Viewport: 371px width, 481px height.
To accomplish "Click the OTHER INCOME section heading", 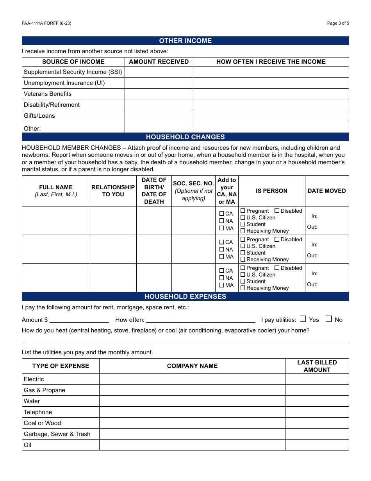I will pyautogui.click(x=185, y=41).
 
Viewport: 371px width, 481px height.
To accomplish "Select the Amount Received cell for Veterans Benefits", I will pyautogui.click(x=159, y=94).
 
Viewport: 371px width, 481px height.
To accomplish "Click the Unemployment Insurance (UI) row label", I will pyautogui.click(x=64, y=83).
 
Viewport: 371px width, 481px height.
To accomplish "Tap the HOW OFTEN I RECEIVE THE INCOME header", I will pyautogui.click(x=271, y=62).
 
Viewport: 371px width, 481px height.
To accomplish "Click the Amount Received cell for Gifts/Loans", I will pyautogui.click(x=159, y=116).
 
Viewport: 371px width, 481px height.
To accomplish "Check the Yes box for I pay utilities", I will pyautogui.click(x=303, y=319).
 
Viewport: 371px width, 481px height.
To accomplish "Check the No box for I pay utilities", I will pyautogui.click(x=329, y=319).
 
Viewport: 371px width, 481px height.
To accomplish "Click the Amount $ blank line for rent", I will pyautogui.click(x=79, y=319).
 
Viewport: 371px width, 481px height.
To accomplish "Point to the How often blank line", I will pyautogui.click(x=200, y=319).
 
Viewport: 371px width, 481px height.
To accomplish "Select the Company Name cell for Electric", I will pyautogui.click(x=192, y=379).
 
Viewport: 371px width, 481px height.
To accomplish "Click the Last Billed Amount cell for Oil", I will pyautogui.click(x=317, y=445).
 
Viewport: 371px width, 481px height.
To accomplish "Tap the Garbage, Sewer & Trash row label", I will pyautogui.click(x=57, y=434).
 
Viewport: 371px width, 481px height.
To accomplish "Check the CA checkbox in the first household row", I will pyautogui.click(x=222, y=214).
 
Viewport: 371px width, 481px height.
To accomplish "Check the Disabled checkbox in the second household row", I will pyautogui.click(x=277, y=239).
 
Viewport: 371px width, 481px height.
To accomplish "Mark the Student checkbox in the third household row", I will pyautogui.click(x=243, y=281).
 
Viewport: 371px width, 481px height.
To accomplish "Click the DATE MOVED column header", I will pyautogui.click(x=326, y=191).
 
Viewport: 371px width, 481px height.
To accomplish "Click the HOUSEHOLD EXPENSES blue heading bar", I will pyautogui.click(x=185, y=296).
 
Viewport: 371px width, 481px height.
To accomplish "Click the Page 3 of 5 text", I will pyautogui.click(x=338, y=23).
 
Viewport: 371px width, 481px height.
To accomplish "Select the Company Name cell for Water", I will pyautogui.click(x=192, y=401).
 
